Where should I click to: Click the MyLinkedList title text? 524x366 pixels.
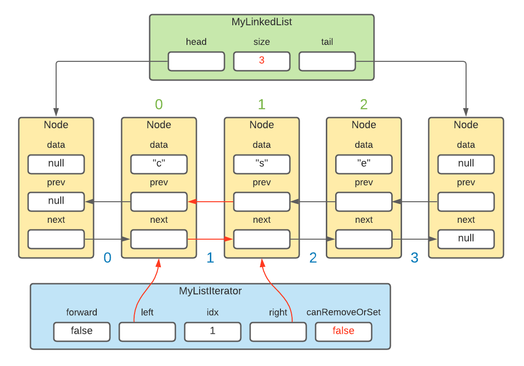(x=262, y=22)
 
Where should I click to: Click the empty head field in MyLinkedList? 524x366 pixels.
(x=196, y=61)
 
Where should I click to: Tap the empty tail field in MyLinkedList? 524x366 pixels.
(x=327, y=61)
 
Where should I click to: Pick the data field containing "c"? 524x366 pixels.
(x=159, y=164)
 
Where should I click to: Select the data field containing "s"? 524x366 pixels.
(x=262, y=164)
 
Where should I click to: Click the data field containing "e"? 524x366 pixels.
(x=364, y=164)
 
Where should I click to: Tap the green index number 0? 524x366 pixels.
(x=159, y=104)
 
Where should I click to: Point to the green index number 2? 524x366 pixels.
(x=364, y=104)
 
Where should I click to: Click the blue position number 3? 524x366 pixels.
(x=415, y=258)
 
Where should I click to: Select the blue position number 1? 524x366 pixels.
(x=210, y=258)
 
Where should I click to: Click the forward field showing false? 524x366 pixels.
(x=81, y=331)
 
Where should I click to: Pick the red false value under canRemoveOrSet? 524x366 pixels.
(x=343, y=331)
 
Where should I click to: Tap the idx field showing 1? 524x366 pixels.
(x=212, y=331)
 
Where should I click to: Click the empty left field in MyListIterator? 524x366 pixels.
(x=147, y=331)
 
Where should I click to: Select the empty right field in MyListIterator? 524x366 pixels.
(x=278, y=331)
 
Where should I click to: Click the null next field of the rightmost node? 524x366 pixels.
(x=466, y=239)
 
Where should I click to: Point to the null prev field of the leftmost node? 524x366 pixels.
(x=56, y=201)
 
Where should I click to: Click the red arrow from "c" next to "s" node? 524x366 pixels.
(x=210, y=239)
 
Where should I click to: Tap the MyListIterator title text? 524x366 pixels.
(x=210, y=291)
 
